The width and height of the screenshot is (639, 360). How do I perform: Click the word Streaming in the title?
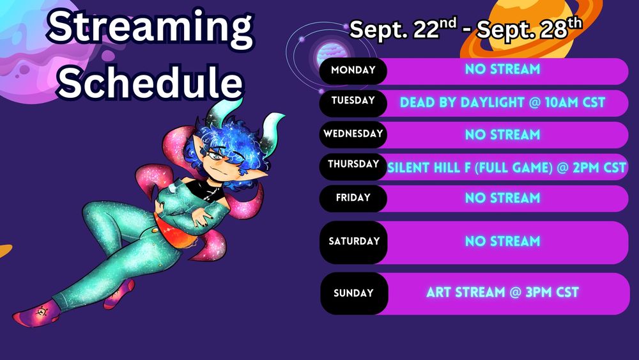click(150, 27)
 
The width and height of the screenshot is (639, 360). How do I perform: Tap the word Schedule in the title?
click(150, 82)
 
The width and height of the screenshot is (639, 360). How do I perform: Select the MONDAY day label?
click(353, 70)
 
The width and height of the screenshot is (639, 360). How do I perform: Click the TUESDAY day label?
click(353, 100)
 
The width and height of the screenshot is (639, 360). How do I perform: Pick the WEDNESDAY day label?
click(353, 134)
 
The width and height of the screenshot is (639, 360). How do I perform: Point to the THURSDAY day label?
click(353, 164)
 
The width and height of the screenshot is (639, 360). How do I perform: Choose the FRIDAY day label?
click(353, 198)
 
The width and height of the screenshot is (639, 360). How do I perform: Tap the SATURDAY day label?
click(354, 241)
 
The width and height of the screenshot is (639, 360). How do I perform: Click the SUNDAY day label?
click(353, 293)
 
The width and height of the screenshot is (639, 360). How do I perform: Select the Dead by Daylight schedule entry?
click(502, 102)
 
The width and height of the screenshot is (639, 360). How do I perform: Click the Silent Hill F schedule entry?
click(506, 168)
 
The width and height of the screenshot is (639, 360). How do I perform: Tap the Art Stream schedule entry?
click(502, 292)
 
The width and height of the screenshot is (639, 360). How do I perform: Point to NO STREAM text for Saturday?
click(502, 241)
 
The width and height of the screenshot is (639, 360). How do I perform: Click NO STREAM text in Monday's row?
click(502, 69)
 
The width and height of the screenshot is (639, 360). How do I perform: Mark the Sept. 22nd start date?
click(403, 29)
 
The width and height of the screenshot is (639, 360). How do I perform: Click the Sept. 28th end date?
click(529, 29)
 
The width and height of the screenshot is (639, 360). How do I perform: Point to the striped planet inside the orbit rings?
click(331, 54)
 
